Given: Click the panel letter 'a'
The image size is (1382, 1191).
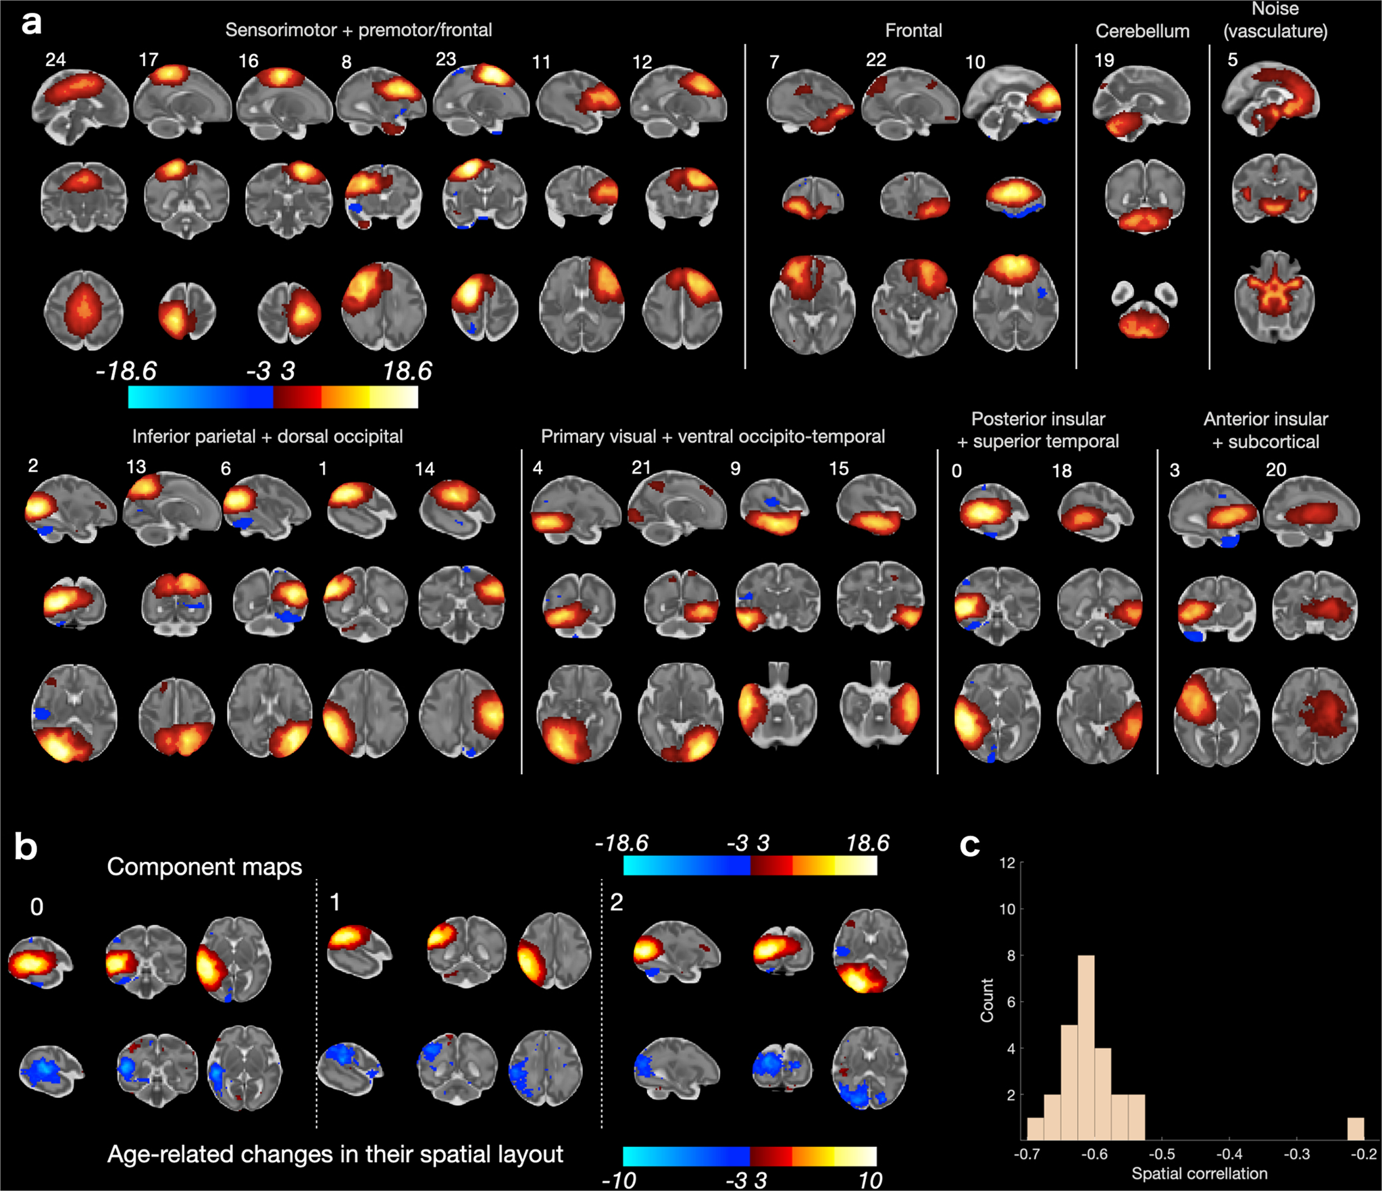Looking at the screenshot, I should click(31, 23).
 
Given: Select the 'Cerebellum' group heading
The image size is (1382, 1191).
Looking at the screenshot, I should click(1142, 31).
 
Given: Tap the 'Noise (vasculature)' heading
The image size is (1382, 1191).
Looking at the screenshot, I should click(1275, 20).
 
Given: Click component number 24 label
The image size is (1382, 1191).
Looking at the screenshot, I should click(55, 59).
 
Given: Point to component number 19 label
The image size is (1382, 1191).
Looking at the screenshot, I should click(1104, 61).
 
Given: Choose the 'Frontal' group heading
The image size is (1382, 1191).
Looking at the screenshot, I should click(913, 30).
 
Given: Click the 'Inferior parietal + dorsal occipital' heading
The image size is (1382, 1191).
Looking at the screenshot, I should click(267, 436).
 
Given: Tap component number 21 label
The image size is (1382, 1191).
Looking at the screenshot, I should click(641, 467).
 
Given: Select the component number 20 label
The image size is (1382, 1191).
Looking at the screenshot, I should click(1275, 470).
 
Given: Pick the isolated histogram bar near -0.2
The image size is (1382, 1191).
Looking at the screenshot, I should click(1355, 1127).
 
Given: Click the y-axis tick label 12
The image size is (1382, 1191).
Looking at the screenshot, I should click(1007, 863).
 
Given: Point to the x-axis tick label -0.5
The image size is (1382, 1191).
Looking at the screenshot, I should click(1162, 1154).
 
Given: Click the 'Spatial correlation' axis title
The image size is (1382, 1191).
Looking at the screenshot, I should click(1199, 1173).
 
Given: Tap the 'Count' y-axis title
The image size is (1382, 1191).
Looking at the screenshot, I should click(988, 1000).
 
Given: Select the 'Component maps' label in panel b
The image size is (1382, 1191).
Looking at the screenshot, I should click(204, 867).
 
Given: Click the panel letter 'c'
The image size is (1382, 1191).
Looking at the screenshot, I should click(969, 844).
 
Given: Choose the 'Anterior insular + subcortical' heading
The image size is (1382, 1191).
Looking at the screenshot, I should click(1265, 430).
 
